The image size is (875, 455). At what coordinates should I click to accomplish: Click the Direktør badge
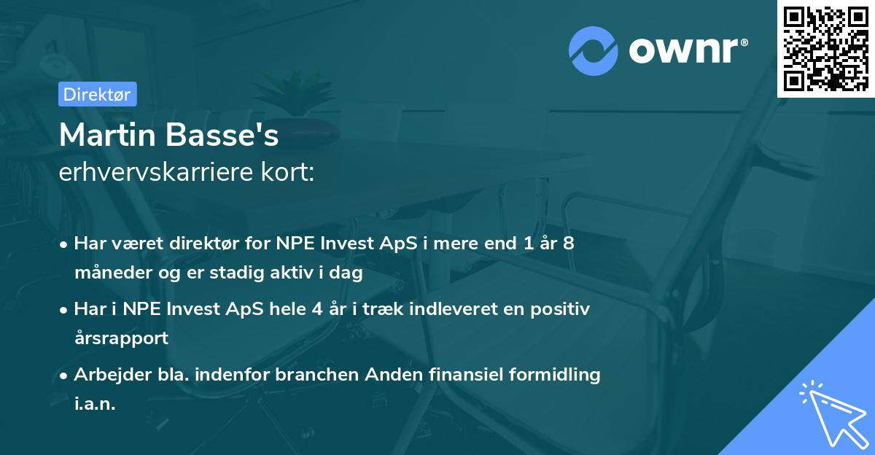pyautogui.click(x=97, y=94)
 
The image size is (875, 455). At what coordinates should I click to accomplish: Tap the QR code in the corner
pyautogui.click(x=826, y=48)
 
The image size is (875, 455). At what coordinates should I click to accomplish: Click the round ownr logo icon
pyautogui.click(x=594, y=51)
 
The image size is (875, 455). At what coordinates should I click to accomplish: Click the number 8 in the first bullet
pyautogui.click(x=568, y=244)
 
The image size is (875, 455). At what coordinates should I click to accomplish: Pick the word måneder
pyautogui.click(x=108, y=273)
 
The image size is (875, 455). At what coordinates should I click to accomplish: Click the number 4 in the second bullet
pyautogui.click(x=316, y=308)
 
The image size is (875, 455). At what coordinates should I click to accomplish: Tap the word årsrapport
pyautogui.click(x=121, y=338)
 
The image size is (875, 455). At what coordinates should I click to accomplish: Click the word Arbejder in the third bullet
pyautogui.click(x=106, y=374)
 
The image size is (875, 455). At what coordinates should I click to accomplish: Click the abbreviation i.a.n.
pyautogui.click(x=95, y=404)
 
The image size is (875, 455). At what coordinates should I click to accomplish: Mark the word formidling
pyautogui.click(x=556, y=374)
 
